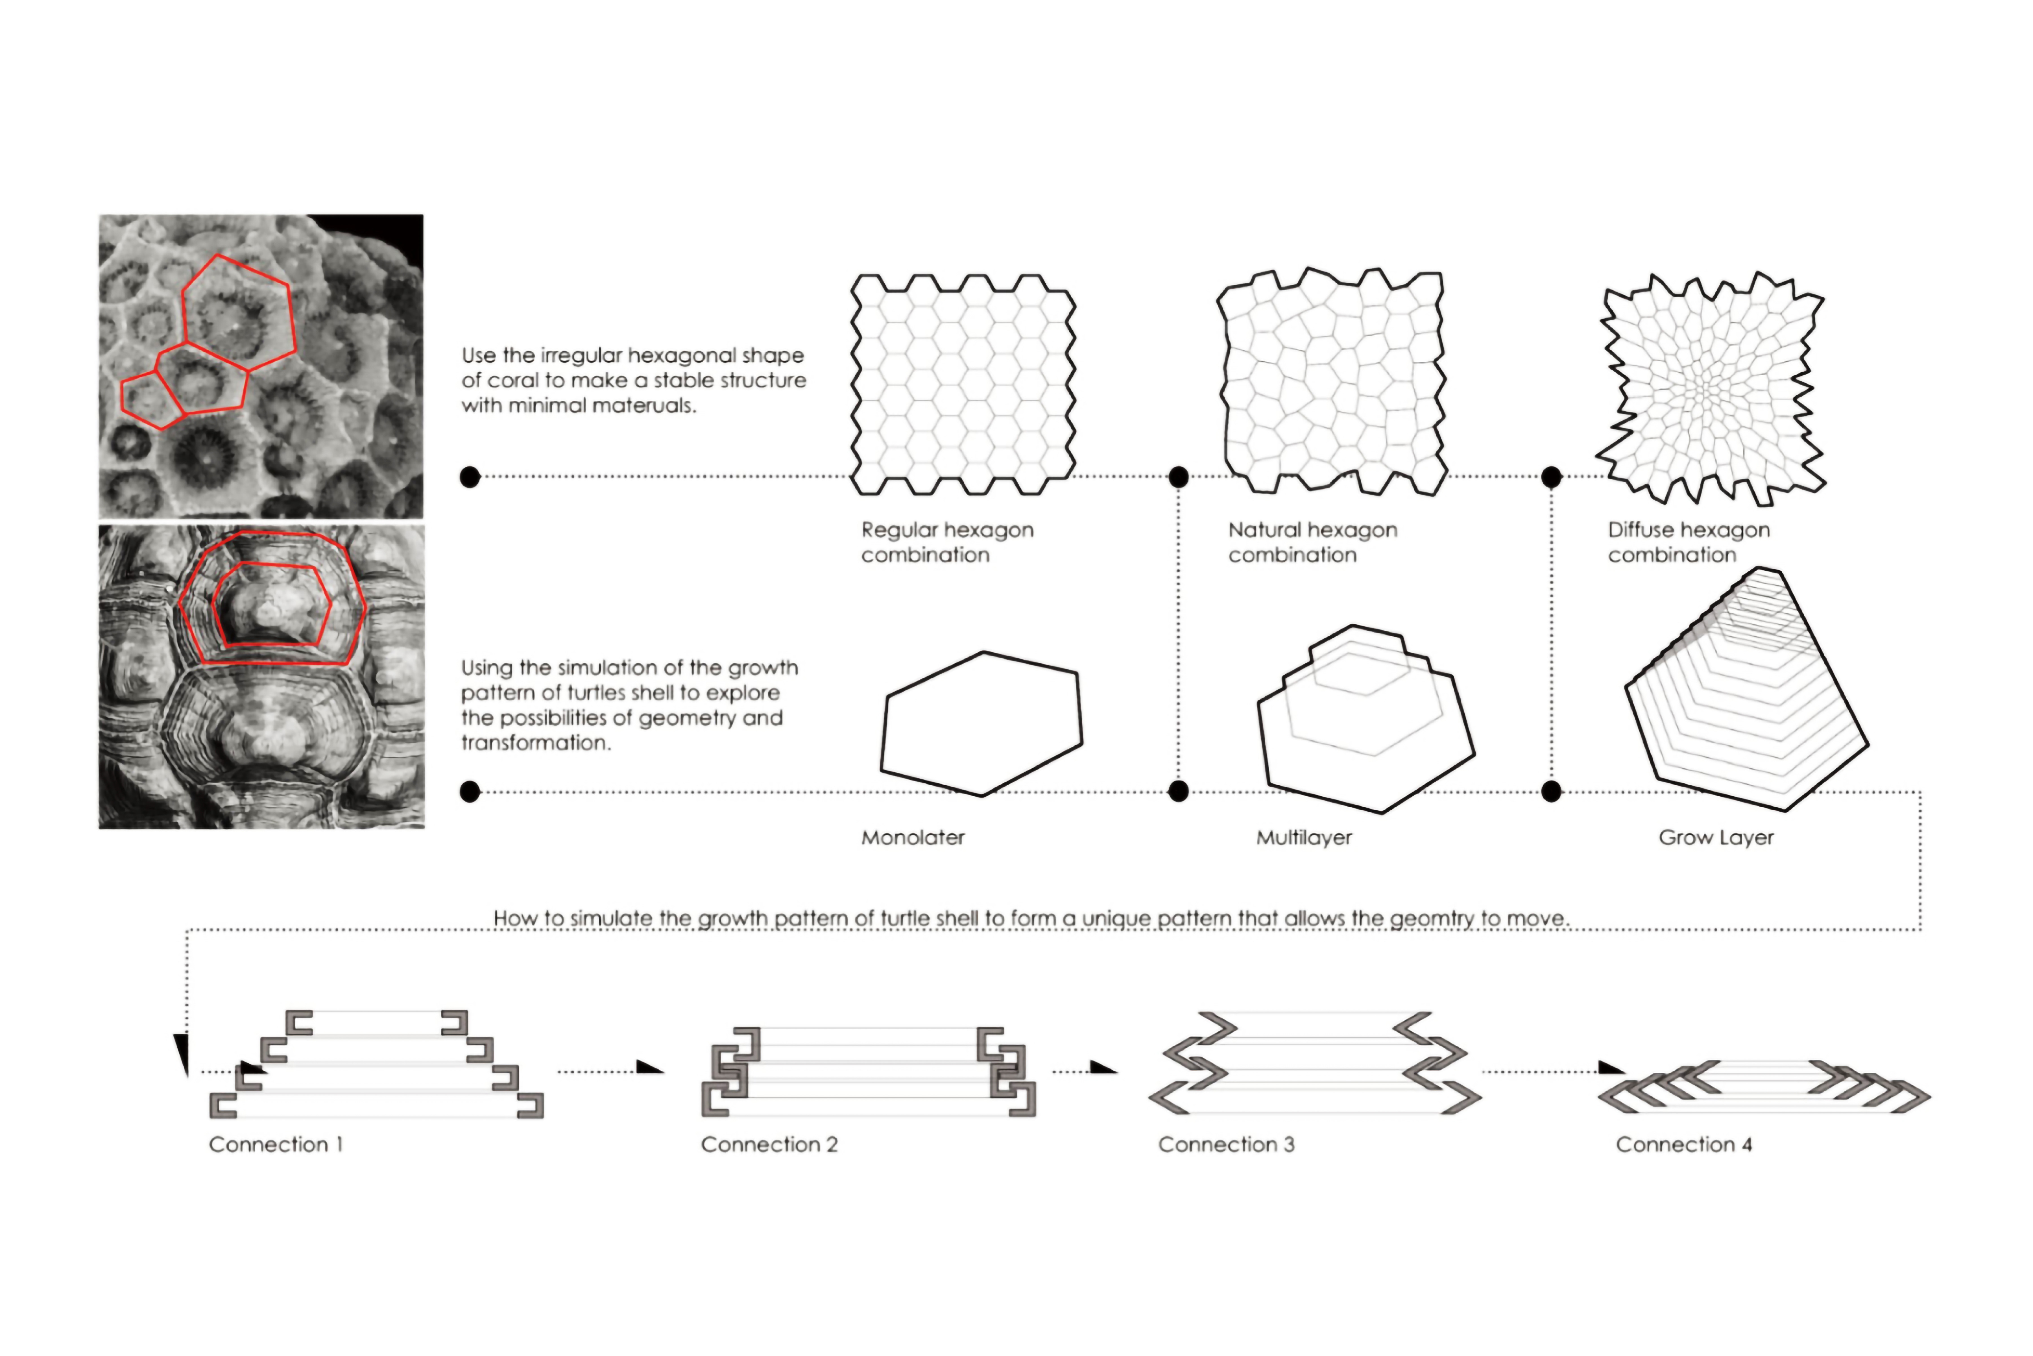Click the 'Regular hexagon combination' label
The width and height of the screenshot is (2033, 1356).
tap(946, 542)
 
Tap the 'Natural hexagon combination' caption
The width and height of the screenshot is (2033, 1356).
tap(1312, 542)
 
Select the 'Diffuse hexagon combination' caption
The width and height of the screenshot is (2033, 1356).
tap(1688, 542)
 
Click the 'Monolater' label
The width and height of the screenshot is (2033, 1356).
tap(913, 837)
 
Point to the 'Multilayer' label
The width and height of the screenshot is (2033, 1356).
tap(1303, 837)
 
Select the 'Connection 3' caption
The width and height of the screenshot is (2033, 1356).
tap(1226, 1144)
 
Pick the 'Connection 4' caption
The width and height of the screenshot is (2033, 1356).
tap(1683, 1144)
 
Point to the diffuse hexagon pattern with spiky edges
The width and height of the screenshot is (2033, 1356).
tap(1710, 389)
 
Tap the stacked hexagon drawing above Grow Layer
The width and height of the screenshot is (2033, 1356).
tap(1746, 692)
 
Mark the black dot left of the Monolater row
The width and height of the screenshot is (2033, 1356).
tap(469, 791)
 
